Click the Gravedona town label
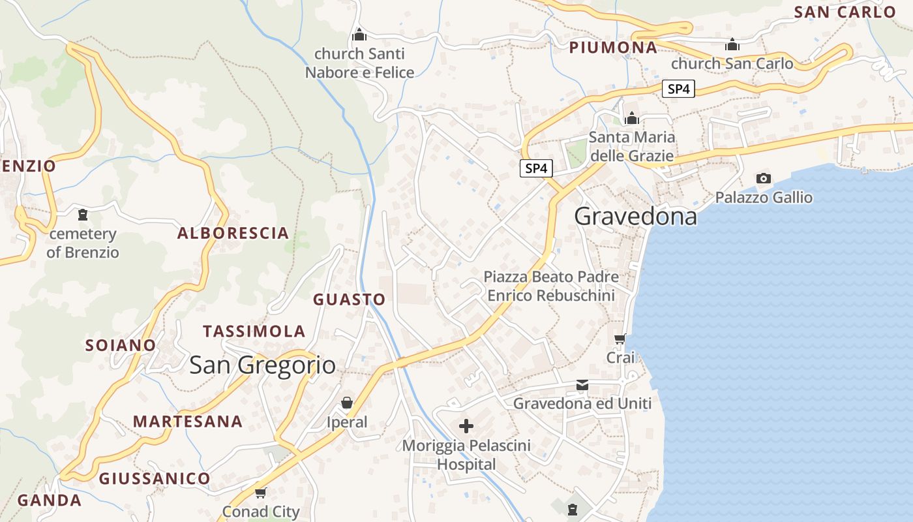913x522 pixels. (635, 216)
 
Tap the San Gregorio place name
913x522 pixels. (262, 365)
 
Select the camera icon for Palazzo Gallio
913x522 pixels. (763, 178)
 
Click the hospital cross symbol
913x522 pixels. (466, 426)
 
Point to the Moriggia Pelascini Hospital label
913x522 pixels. (466, 455)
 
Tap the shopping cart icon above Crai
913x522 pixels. (620, 339)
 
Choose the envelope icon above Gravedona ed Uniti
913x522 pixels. (582, 386)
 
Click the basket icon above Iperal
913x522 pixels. (347, 403)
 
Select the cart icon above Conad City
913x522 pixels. (261, 493)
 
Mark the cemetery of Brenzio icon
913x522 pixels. (83, 214)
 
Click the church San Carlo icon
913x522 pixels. (732, 44)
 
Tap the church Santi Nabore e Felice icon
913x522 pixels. (359, 35)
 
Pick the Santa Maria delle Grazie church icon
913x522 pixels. (631, 118)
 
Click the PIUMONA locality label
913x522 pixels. (613, 48)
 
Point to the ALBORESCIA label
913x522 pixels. (233, 233)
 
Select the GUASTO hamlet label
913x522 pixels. (350, 299)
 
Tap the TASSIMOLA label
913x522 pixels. (254, 331)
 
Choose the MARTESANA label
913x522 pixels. (188, 422)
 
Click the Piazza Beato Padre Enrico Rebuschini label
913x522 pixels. (551, 286)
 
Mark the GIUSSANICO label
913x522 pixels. (155, 479)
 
